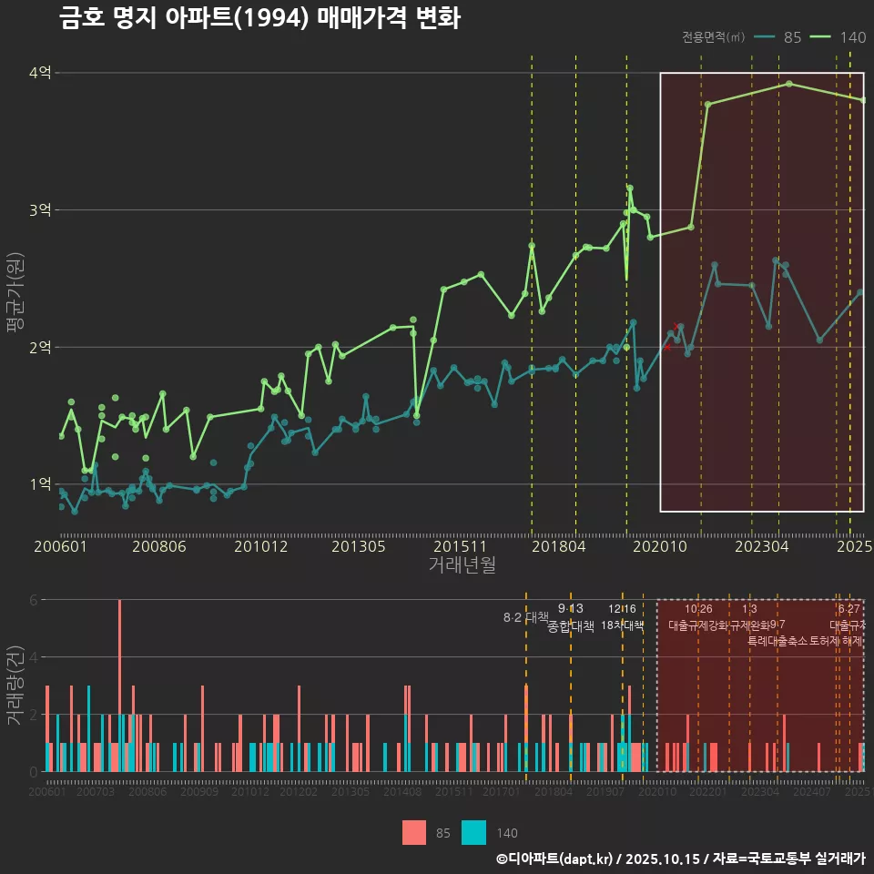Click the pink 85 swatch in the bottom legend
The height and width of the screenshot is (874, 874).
(414, 832)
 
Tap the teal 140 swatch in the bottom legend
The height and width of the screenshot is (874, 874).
(473, 832)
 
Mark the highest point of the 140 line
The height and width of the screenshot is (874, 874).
(788, 84)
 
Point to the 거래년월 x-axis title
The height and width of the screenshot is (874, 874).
(462, 565)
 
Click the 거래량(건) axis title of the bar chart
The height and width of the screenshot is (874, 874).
(15, 685)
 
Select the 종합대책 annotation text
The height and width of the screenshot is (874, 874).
(571, 626)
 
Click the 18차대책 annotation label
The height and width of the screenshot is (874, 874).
(623, 625)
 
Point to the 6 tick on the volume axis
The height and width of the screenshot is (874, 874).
(33, 600)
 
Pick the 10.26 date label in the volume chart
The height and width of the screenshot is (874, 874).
(698, 609)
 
